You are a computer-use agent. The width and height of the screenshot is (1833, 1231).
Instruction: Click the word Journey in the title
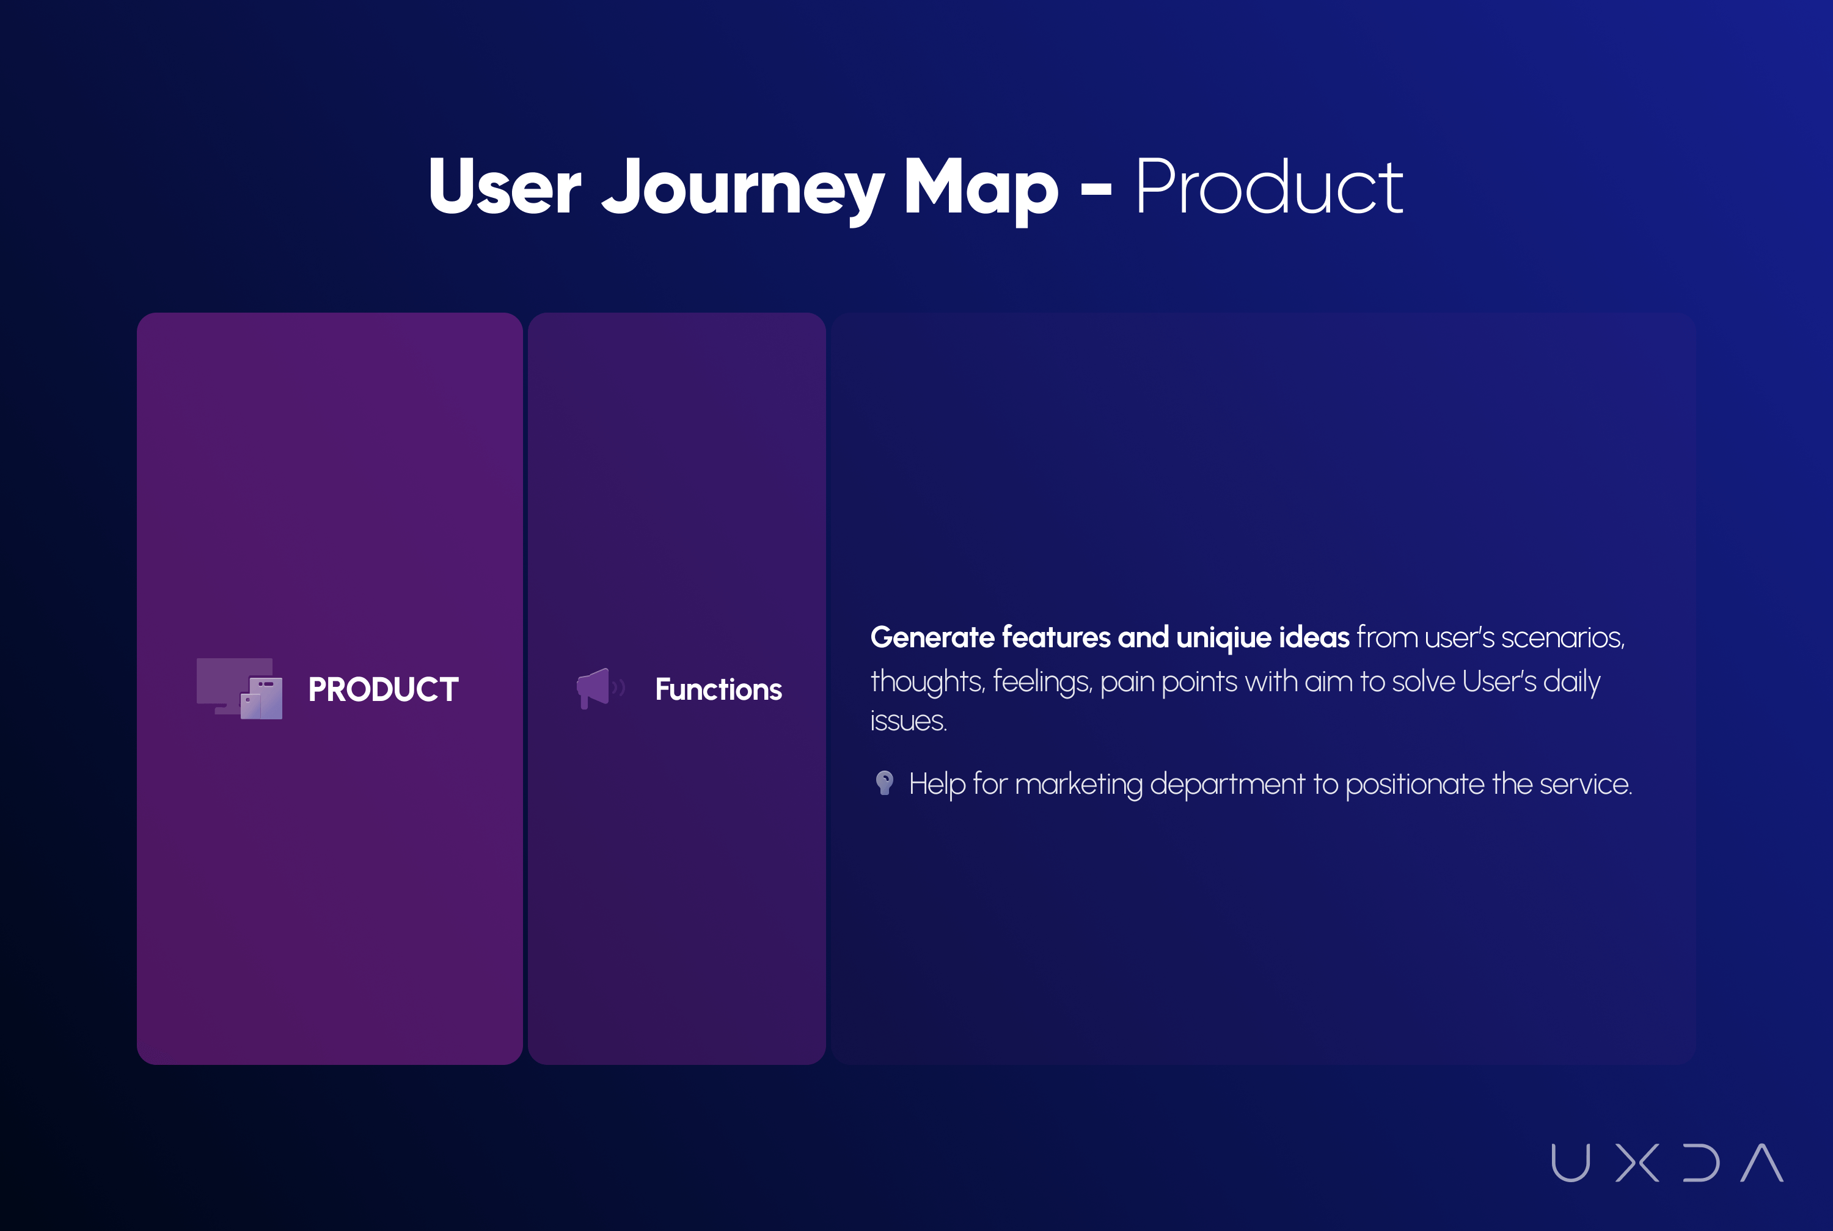[x=742, y=189]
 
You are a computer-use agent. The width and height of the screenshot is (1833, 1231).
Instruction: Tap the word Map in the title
[x=981, y=189]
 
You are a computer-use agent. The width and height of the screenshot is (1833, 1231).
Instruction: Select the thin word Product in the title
[x=1269, y=186]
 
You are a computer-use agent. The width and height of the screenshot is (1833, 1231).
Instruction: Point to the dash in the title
[x=1096, y=189]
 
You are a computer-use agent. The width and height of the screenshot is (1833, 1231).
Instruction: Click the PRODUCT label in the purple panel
[x=383, y=689]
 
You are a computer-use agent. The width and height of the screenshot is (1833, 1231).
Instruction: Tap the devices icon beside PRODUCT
[x=240, y=689]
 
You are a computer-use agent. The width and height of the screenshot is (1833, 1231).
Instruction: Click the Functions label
[x=719, y=689]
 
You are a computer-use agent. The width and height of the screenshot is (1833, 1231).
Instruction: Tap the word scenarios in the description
[x=1563, y=638]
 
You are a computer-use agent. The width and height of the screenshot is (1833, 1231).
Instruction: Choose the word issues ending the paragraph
[x=909, y=721]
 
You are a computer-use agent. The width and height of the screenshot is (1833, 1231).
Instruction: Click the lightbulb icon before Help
[x=884, y=783]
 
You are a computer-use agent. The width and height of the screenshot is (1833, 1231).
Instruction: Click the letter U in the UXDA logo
[x=1571, y=1163]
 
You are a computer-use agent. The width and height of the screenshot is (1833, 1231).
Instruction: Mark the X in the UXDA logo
[x=1637, y=1163]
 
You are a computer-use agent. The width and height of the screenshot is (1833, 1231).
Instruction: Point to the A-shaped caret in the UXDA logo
[x=1762, y=1163]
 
